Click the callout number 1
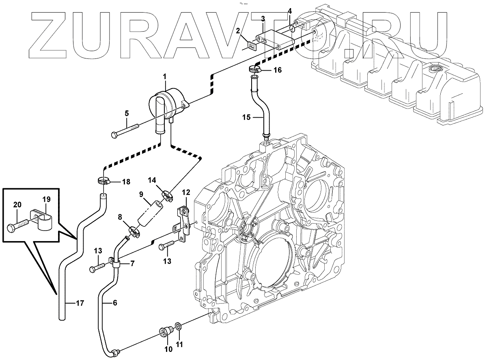click(165, 76)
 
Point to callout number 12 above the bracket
click(185, 192)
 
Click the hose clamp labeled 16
click(254, 70)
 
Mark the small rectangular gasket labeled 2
click(252, 45)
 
